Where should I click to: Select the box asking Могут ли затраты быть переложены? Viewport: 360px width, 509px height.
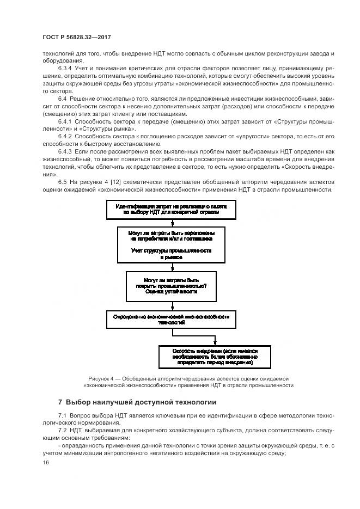tap(170, 243)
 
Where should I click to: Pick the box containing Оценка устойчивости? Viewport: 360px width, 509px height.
tap(171, 286)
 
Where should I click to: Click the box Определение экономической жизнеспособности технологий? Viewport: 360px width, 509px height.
tap(171, 319)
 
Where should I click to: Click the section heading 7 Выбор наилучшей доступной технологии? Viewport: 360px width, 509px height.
tap(137, 402)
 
